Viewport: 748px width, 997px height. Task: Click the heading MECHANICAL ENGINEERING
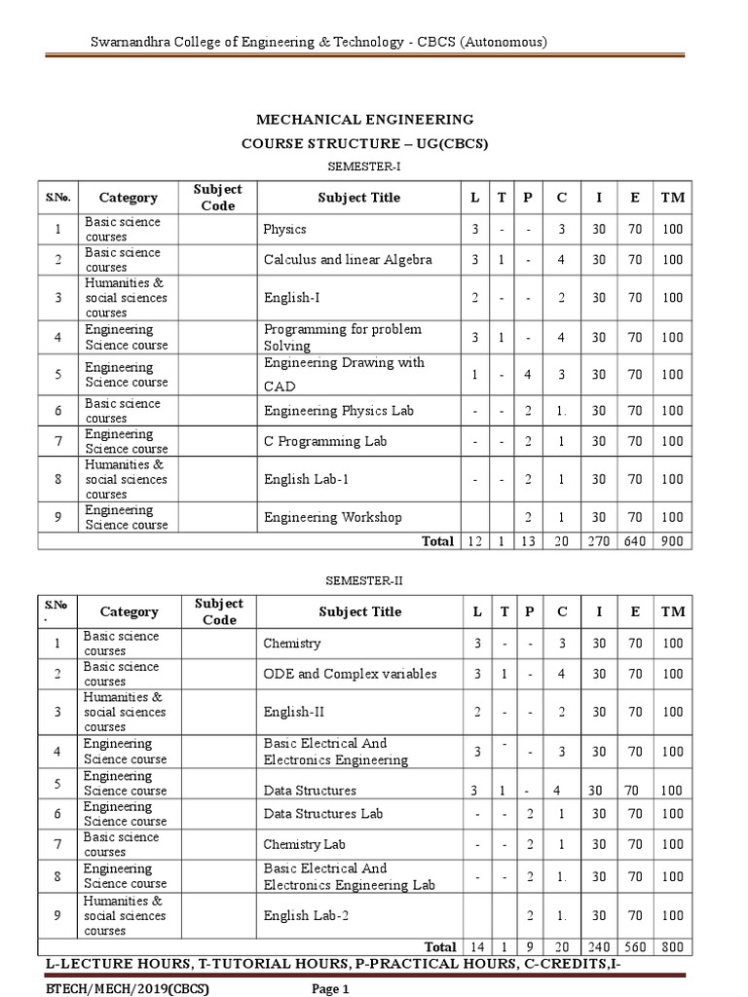[364, 120]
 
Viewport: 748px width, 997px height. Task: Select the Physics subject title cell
[284, 230]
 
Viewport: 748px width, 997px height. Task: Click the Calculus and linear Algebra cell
[348, 260]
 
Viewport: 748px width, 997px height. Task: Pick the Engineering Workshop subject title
[332, 517]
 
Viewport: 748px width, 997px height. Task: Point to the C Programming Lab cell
[325, 441]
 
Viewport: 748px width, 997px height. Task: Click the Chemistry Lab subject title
[304, 844]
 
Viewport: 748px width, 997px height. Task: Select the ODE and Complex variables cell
[350, 674]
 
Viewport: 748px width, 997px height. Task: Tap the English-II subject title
[287, 712]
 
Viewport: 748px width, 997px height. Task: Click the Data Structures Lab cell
[323, 813]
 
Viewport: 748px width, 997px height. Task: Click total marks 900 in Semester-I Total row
[672, 541]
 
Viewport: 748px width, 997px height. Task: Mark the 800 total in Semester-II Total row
[672, 946]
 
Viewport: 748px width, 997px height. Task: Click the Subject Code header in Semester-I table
[218, 198]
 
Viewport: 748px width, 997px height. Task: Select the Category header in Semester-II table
[129, 611]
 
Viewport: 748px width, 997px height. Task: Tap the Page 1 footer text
[329, 989]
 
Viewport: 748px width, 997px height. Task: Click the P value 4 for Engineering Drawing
[527, 374]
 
